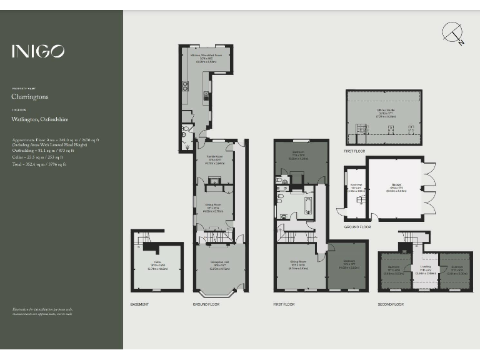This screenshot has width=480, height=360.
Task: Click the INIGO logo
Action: tap(37, 51)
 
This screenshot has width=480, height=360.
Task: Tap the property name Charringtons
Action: tap(30, 97)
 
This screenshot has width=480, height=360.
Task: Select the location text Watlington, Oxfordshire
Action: tap(40, 118)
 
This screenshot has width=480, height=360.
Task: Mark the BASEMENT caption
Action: tap(139, 304)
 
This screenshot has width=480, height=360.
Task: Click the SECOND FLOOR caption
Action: tap(391, 304)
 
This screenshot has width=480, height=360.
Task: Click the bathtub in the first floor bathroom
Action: tap(309, 206)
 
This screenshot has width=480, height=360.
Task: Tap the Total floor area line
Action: tap(38, 164)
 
